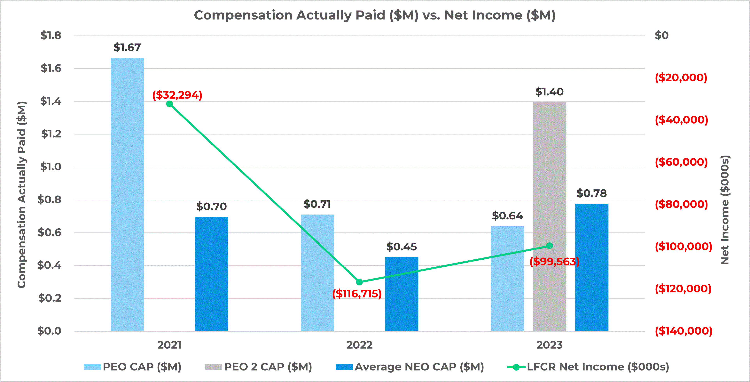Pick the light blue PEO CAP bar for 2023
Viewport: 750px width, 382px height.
point(507,278)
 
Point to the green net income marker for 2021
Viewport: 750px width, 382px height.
point(169,104)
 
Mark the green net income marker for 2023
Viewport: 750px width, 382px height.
point(549,246)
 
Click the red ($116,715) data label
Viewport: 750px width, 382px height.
point(357,293)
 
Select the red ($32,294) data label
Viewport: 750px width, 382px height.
point(177,95)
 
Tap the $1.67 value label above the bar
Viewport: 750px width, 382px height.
point(127,47)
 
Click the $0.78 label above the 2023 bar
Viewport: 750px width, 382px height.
point(591,193)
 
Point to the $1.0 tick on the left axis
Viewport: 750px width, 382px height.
point(51,167)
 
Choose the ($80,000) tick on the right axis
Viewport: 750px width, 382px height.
point(681,204)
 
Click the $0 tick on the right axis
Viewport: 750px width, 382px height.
point(661,35)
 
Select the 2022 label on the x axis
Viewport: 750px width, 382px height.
point(359,345)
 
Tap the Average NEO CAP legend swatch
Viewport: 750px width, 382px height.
point(344,367)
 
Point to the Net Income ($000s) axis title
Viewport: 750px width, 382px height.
point(725,210)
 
